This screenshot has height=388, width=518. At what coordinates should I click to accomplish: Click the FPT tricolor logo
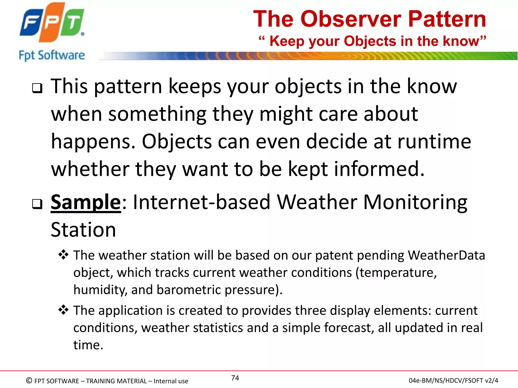(52, 23)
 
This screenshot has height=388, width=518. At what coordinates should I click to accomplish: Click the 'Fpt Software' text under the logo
(52, 55)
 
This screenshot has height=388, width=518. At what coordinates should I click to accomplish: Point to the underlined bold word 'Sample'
(86, 202)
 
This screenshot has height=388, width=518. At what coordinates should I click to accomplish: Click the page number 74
(235, 378)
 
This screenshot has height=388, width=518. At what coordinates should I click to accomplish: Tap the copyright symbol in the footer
(29, 380)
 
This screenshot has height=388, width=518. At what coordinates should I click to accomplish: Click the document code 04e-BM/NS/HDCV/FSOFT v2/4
(453, 380)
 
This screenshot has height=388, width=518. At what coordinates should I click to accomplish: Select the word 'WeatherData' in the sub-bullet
(446, 255)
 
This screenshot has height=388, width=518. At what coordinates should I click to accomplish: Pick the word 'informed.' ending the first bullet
(379, 169)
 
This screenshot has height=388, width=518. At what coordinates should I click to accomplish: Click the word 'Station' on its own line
(83, 230)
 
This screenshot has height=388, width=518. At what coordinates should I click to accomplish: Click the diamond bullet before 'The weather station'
(63, 255)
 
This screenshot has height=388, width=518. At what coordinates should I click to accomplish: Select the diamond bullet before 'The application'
(63, 310)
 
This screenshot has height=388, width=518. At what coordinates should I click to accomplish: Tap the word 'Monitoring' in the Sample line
(415, 202)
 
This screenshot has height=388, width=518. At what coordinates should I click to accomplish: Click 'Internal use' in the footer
(171, 381)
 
